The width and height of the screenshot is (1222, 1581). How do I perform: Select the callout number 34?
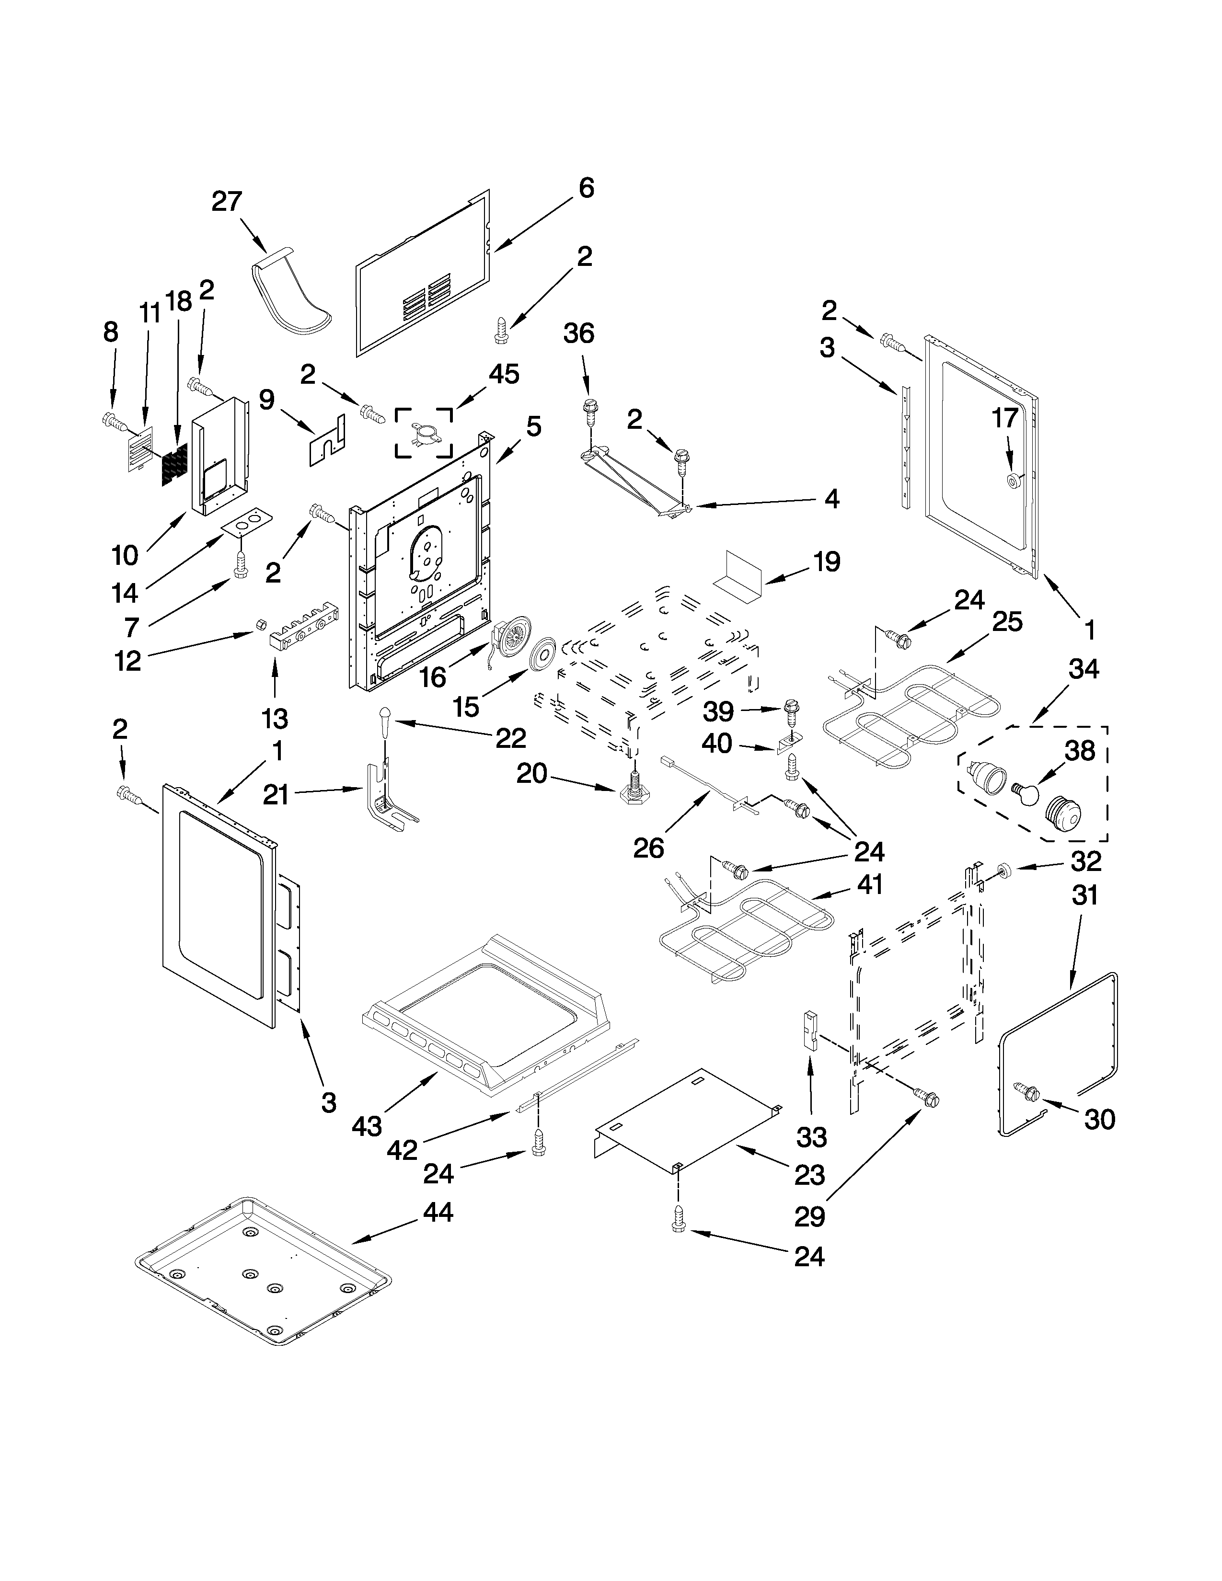tap(1084, 670)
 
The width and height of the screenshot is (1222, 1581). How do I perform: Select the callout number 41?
tap(868, 884)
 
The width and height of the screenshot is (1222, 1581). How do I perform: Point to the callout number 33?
tap(811, 1138)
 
